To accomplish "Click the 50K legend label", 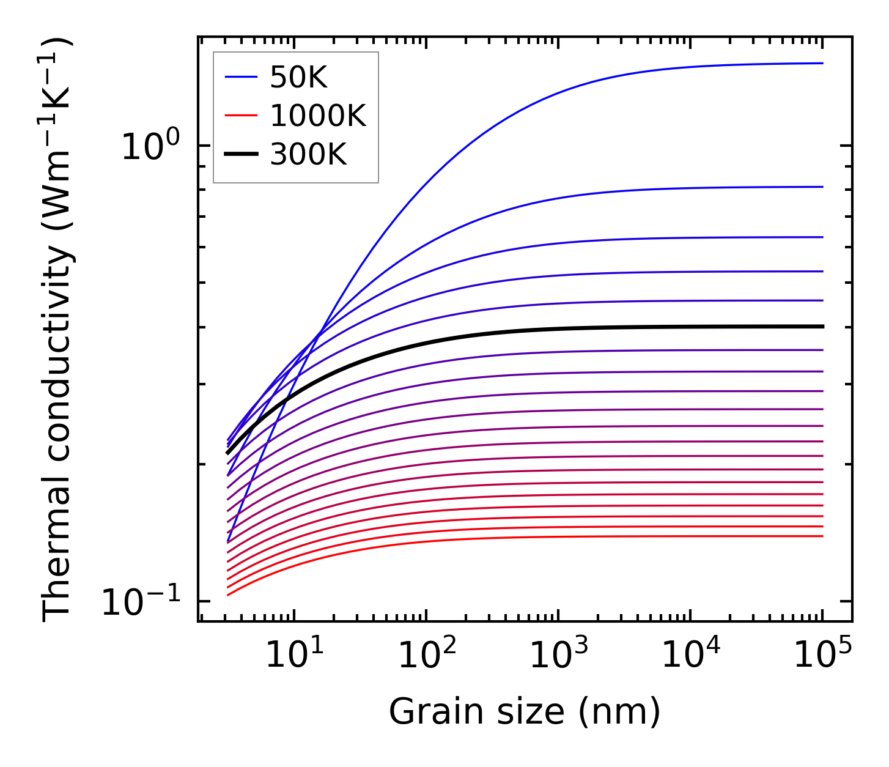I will (298, 78).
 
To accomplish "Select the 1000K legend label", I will (317, 116).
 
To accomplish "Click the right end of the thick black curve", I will (823, 327).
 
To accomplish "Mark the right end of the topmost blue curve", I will (823, 63).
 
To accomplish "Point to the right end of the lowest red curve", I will (823, 536).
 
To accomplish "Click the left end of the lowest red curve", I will (227, 595).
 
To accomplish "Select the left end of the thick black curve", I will (227, 453).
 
